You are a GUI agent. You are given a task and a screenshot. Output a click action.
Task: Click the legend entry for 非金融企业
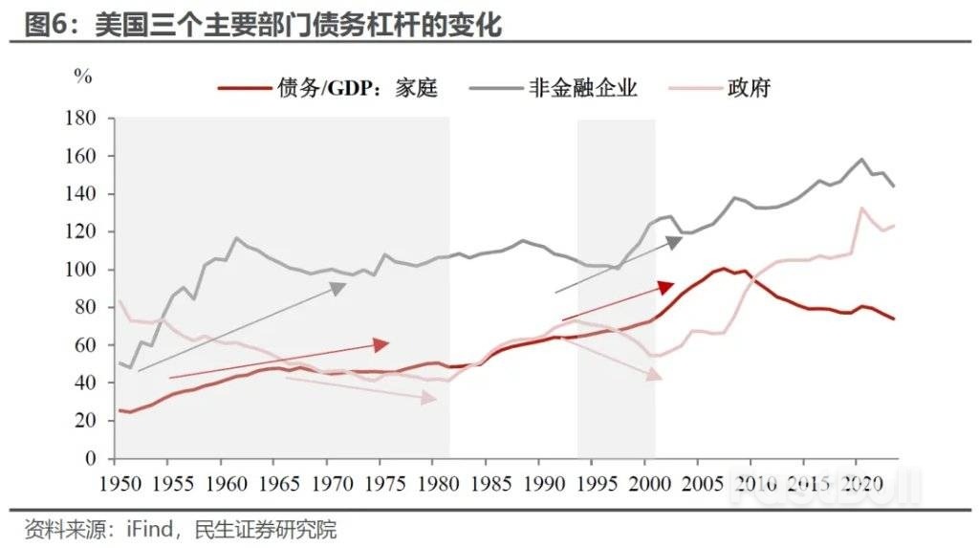(x=582, y=89)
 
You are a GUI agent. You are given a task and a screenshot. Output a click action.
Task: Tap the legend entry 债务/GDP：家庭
(x=357, y=89)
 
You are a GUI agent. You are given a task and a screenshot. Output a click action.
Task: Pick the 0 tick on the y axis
(x=92, y=458)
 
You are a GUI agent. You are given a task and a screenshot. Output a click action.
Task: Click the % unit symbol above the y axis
(x=83, y=77)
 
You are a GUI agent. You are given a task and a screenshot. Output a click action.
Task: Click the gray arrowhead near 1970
(x=337, y=287)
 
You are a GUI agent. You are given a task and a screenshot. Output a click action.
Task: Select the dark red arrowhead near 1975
(x=381, y=344)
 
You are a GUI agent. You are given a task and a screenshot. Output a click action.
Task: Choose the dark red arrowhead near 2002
(x=666, y=288)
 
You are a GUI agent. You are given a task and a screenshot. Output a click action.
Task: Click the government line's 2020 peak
(x=862, y=208)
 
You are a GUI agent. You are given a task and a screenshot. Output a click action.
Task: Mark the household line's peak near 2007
(x=726, y=269)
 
